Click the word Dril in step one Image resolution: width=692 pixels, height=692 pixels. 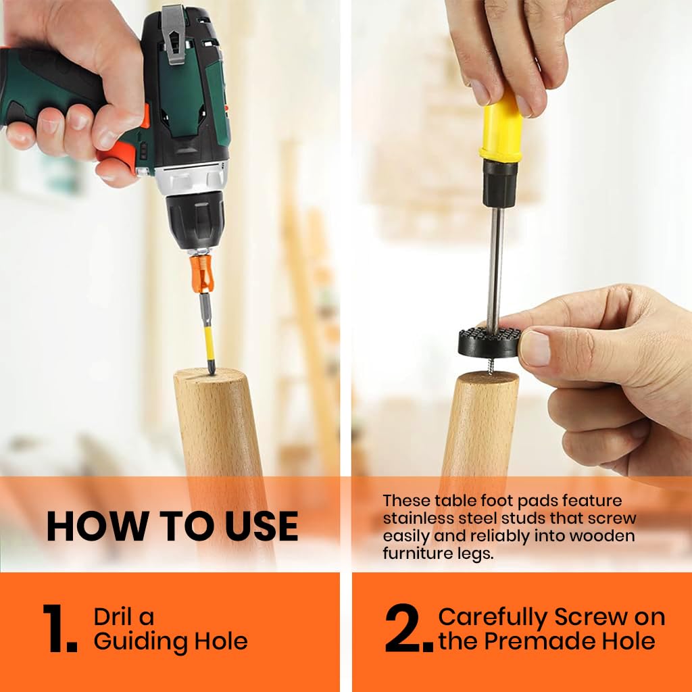113,616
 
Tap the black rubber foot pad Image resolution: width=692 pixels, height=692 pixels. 490,342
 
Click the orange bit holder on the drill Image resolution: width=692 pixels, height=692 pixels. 202,274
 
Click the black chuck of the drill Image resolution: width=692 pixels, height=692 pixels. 195,222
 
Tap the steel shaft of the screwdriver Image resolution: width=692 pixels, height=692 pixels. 495,266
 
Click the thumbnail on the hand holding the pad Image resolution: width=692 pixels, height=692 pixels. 536,348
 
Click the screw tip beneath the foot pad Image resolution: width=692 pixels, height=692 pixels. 490,366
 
